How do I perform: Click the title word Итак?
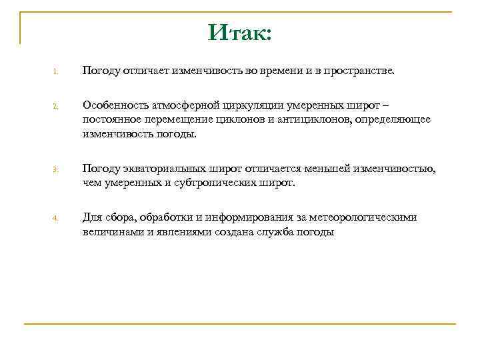tap(239, 31)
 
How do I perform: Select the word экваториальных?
tap(162, 169)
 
